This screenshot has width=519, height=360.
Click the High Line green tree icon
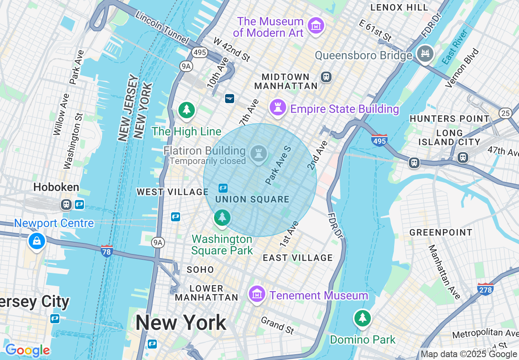pyautogui.click(x=187, y=110)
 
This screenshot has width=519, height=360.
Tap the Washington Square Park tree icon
pyautogui.click(x=222, y=217)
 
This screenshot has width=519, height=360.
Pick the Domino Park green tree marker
pyautogui.click(x=362, y=318)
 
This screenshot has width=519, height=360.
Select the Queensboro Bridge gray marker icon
pyautogui.click(x=425, y=54)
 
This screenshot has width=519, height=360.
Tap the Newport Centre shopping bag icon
pyautogui.click(x=37, y=241)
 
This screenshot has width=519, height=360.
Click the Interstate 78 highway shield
pyautogui.click(x=106, y=251)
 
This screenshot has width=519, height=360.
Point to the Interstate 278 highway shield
pyautogui.click(x=485, y=289)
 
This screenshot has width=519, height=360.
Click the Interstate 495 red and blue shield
pyautogui.click(x=379, y=140)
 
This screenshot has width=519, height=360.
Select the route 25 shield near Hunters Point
pyautogui.click(x=505, y=113)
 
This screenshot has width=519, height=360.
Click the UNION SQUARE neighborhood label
pyautogui.click(x=252, y=200)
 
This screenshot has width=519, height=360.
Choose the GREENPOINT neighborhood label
pyautogui.click(x=441, y=232)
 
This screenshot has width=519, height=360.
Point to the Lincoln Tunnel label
pyautogui.click(x=162, y=28)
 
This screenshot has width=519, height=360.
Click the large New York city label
pyautogui.click(x=181, y=323)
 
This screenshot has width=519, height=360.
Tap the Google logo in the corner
pyautogui.click(x=27, y=350)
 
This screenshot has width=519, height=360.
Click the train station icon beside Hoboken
pyautogui.click(x=66, y=204)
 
